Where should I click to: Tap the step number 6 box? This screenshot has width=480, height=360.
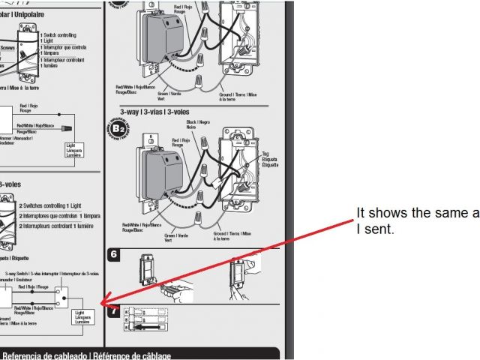[114, 255]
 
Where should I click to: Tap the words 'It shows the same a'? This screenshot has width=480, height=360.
[417, 214]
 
